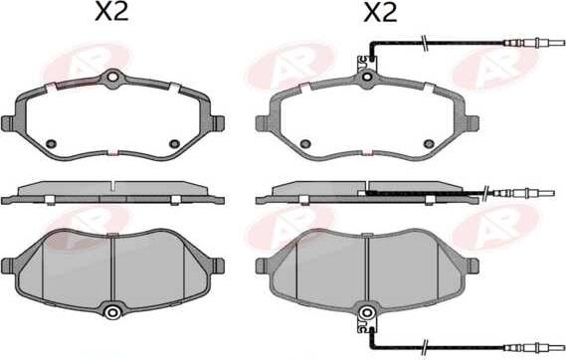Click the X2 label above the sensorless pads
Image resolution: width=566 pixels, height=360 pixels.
point(111,12)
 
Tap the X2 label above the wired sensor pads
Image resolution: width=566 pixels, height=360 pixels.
point(380,13)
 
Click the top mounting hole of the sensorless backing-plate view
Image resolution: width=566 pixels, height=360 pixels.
point(113,77)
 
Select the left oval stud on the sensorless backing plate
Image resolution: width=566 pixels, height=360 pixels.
point(52,143)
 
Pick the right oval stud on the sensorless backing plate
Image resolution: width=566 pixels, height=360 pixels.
point(175,143)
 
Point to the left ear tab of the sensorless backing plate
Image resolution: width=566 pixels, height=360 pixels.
point(8,123)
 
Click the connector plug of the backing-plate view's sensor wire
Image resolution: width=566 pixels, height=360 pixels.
point(533,43)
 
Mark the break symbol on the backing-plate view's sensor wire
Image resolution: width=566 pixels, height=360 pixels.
point(425,43)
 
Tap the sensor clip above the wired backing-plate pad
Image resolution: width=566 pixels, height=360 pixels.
point(366,63)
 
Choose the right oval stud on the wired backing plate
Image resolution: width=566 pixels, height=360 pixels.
point(429,143)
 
